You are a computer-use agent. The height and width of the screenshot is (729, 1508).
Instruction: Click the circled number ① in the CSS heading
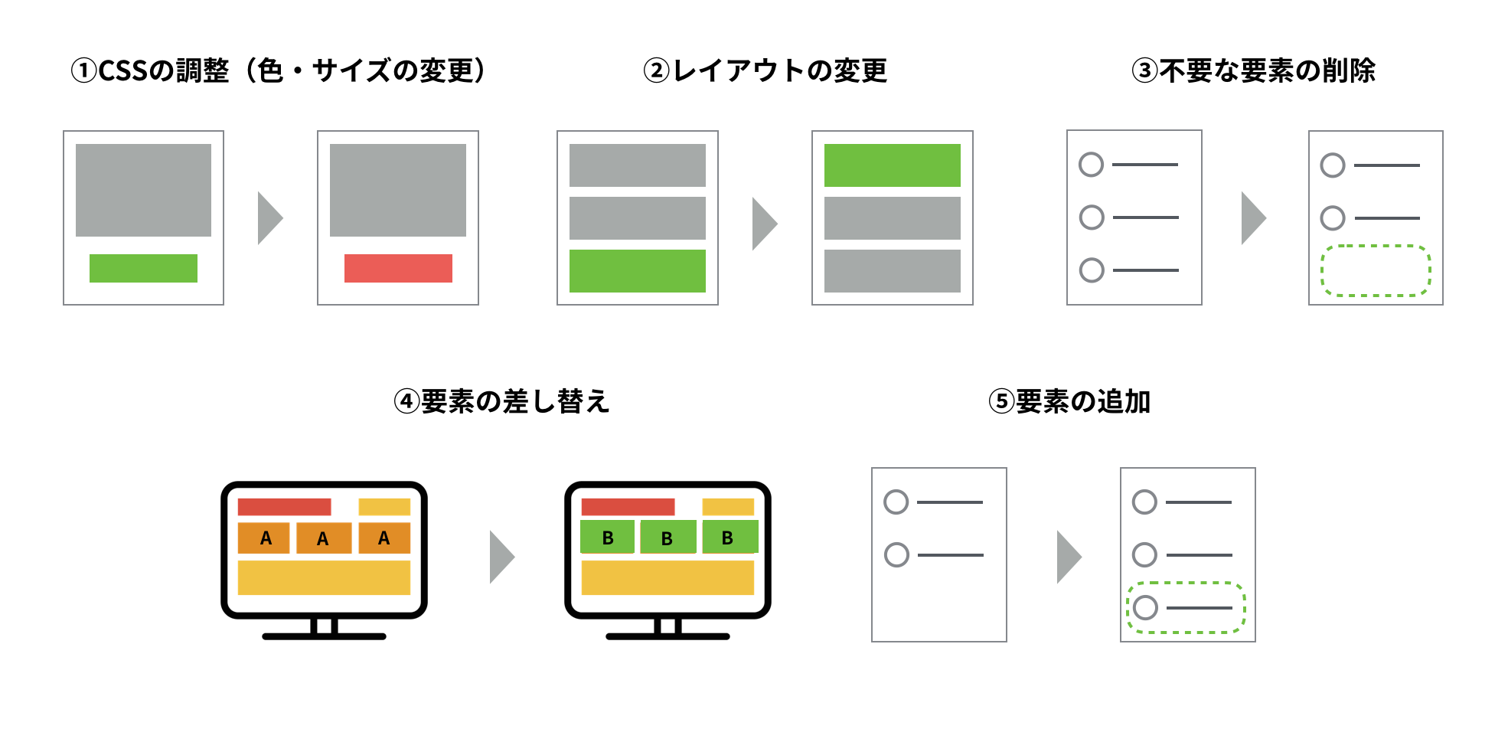(x=83, y=71)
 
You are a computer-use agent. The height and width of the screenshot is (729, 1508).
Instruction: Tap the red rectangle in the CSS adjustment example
(x=398, y=268)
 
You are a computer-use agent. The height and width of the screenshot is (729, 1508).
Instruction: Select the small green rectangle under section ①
(x=143, y=268)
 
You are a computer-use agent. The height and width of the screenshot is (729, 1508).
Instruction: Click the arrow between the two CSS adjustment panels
(x=270, y=218)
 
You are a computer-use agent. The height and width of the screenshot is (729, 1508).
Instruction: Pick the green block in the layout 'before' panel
(x=638, y=271)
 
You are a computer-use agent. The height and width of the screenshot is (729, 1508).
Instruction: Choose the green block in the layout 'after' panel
(x=893, y=165)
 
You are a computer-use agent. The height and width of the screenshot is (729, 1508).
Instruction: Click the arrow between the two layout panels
(x=765, y=224)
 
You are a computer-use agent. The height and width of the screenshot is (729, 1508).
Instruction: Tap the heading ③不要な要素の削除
(x=1254, y=71)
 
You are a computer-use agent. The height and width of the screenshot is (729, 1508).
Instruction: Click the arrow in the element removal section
(x=1254, y=218)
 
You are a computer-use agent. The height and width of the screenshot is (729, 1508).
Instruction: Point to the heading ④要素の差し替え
(x=502, y=401)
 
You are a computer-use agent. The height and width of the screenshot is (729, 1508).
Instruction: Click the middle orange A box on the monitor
(x=324, y=538)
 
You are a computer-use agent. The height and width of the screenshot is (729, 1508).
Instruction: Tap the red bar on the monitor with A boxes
(x=284, y=507)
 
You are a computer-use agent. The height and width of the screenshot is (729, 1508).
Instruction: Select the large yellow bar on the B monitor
(x=668, y=578)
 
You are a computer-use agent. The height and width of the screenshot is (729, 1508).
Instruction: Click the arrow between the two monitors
(x=502, y=557)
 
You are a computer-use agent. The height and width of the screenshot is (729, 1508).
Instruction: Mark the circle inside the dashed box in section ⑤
(x=1145, y=608)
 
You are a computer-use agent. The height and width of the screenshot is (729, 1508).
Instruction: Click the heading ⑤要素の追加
(x=1069, y=401)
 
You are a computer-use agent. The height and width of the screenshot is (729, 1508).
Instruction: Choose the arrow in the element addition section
(x=1069, y=557)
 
